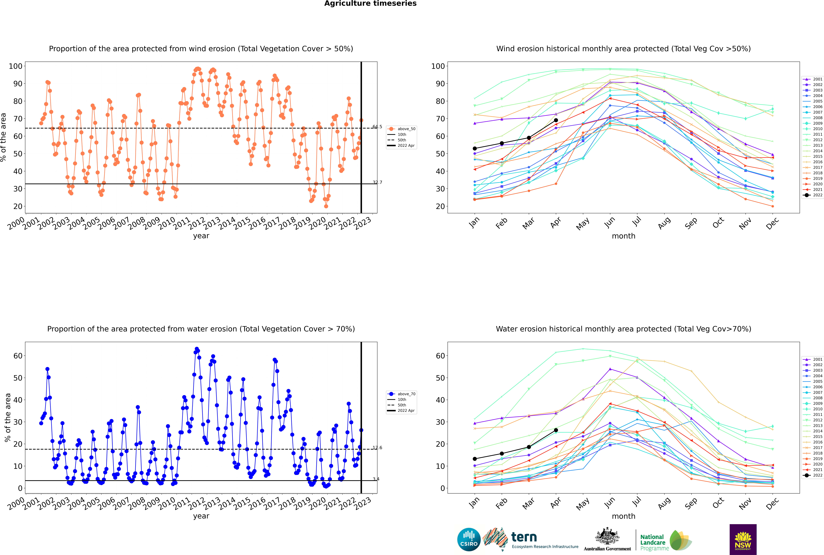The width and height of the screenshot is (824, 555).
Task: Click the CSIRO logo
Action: coord(469,539)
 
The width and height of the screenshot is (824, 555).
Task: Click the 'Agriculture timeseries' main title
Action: coord(370,4)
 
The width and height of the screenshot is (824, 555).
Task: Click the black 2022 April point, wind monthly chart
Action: coord(556,120)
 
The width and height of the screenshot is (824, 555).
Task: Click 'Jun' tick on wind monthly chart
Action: coord(610,222)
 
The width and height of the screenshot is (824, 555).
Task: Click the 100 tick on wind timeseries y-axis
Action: coord(16,66)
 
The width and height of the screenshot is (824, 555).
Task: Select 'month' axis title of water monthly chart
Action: coord(623,516)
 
